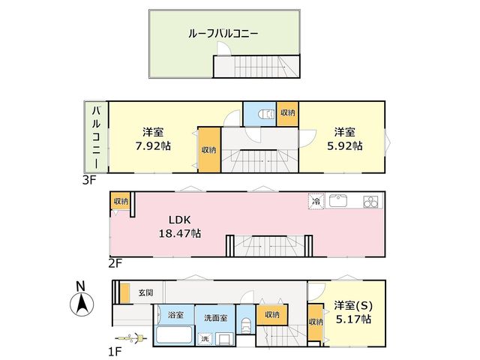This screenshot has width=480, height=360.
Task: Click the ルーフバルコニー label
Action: pos(223,33)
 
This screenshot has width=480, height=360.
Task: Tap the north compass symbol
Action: pos(82,304)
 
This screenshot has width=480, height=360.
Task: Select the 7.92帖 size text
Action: pos(153,146)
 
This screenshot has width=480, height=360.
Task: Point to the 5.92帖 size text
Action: pos(345,146)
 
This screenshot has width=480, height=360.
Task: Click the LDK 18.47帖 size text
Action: pos(180,233)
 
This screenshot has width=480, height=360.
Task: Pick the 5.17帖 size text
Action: pos(353,319)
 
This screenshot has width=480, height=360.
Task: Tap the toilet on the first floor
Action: pos(245,326)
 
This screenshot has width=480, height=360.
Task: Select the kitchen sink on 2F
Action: pos(338,201)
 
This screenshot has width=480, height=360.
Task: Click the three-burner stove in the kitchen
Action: pos(371,202)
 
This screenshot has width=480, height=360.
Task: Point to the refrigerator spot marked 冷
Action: pos(316,202)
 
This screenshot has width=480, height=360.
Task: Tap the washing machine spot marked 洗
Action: pos(205,338)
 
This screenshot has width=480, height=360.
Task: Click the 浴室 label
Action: pos(175,314)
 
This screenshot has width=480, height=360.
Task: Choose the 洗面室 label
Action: pos(215,318)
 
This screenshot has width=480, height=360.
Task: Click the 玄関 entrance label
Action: pos(145,292)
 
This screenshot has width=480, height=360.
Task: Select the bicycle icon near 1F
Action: pos(131,338)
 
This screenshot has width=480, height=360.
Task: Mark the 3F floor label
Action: pos(89,181)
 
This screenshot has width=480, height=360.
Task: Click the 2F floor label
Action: pos(115,263)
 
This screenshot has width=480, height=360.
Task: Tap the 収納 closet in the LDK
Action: pos(121,201)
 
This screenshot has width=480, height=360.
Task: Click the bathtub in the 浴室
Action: pos(174,336)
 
